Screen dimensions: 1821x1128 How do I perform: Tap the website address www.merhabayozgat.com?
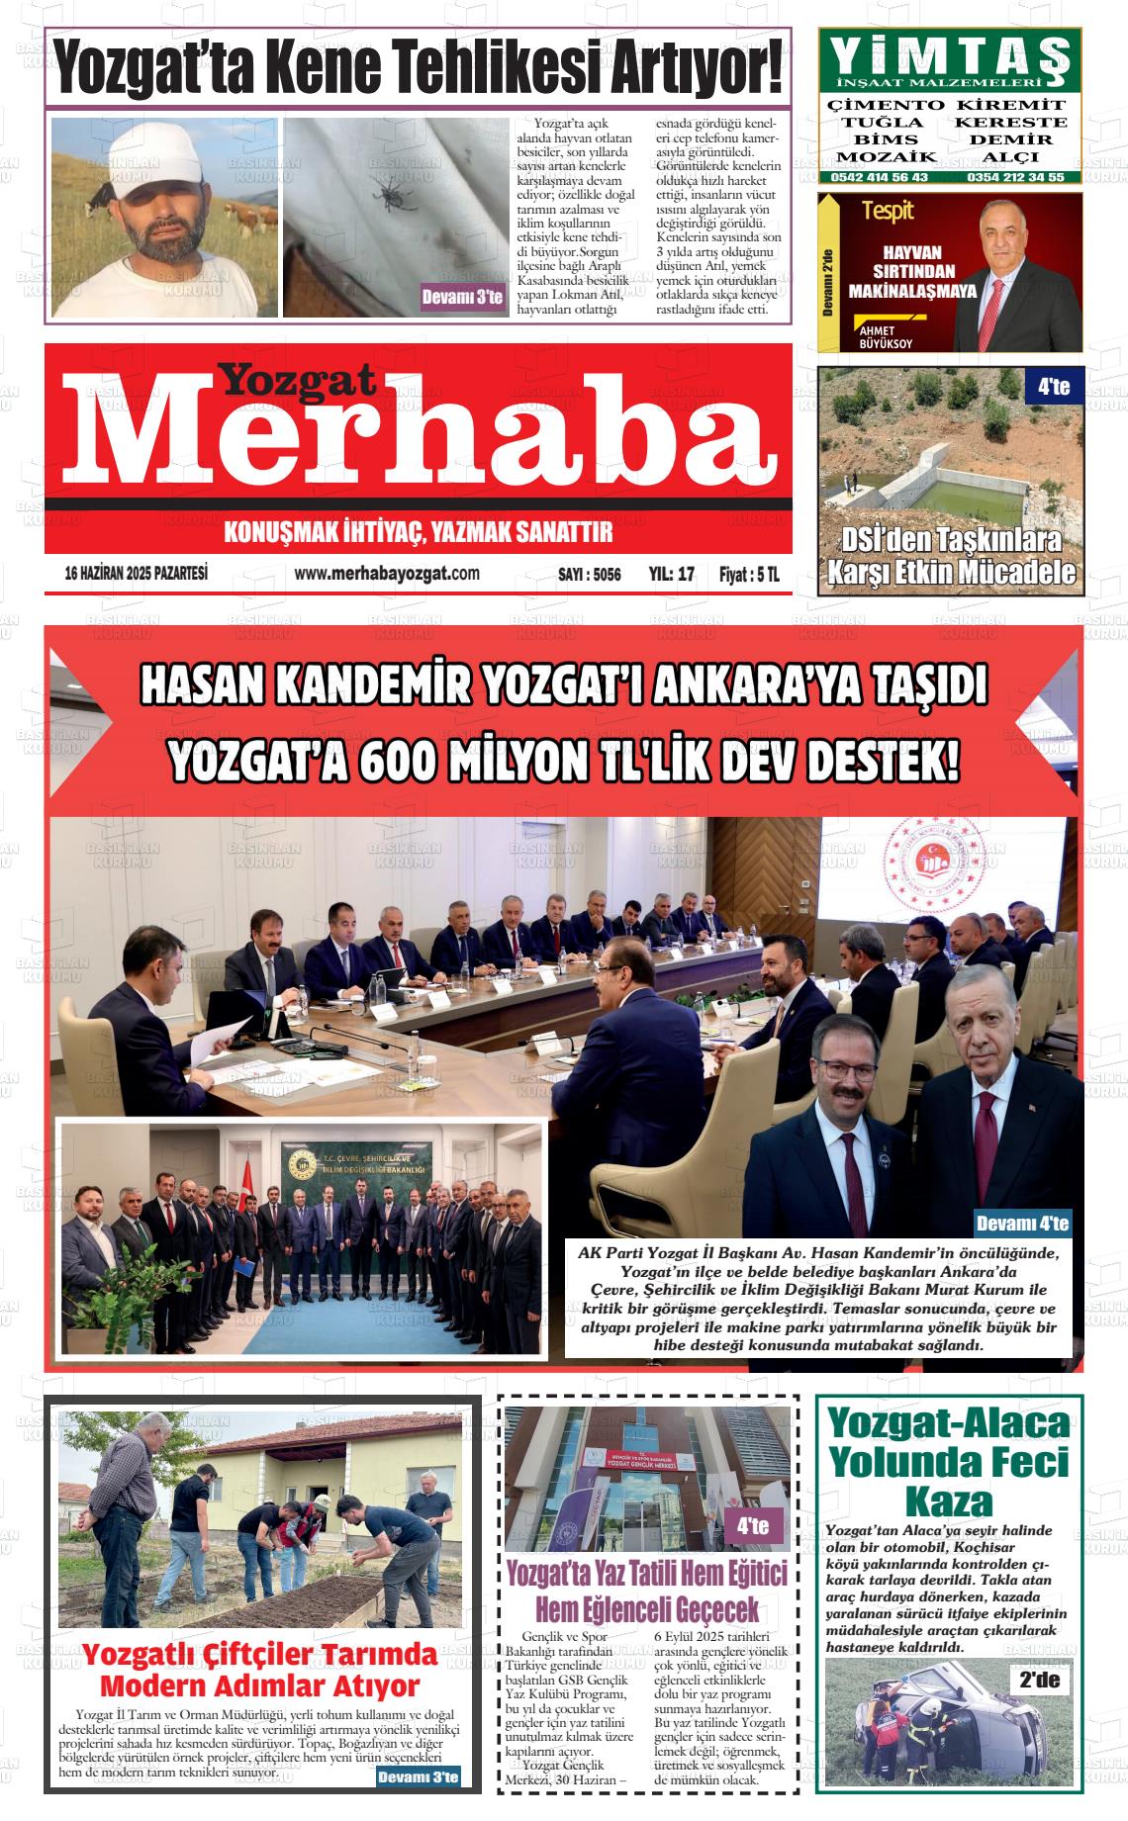coord(387,574)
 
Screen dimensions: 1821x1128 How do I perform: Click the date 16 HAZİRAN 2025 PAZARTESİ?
coord(136,574)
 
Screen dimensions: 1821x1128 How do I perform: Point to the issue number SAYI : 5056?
coord(590,575)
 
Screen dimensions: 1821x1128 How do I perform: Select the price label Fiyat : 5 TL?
coord(749,575)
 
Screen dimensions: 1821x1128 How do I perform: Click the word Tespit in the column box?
coord(887,210)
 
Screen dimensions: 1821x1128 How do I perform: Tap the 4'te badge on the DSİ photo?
coord(1055,388)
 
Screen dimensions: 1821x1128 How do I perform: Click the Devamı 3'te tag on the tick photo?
coord(462,297)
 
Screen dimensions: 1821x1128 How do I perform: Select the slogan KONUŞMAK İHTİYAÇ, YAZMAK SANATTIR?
coord(419,533)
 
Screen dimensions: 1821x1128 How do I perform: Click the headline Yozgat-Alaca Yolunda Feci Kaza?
coord(949,1462)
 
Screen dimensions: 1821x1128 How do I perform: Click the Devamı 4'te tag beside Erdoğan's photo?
coord(1022,1224)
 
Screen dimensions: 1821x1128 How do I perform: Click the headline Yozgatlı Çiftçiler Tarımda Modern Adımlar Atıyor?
coord(260,1670)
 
